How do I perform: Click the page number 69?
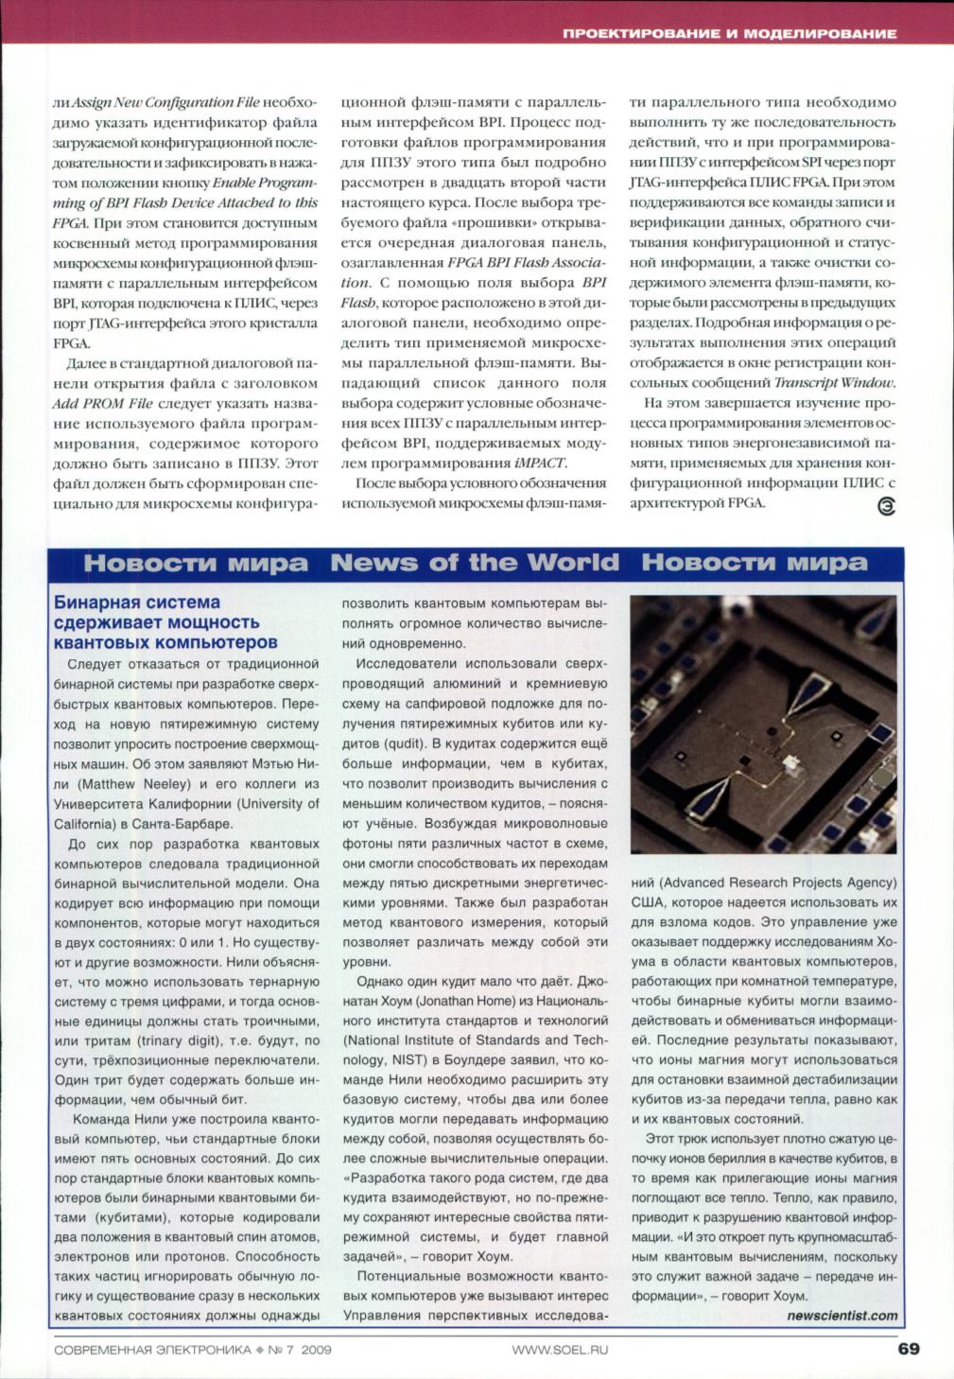[x=908, y=1349]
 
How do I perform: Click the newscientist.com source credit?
[x=841, y=1315]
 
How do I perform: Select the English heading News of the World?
[x=475, y=563]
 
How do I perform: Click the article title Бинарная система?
[x=137, y=602]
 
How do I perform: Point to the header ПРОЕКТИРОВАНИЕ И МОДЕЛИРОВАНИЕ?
[x=729, y=33]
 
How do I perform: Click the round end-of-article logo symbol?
[x=887, y=506]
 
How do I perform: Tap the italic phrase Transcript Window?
[x=833, y=382]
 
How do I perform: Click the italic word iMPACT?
[x=540, y=463]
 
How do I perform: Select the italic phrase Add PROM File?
[x=102, y=403]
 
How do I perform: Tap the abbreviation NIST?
[x=409, y=1060]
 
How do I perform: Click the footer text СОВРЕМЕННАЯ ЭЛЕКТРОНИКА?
[x=152, y=1350]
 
